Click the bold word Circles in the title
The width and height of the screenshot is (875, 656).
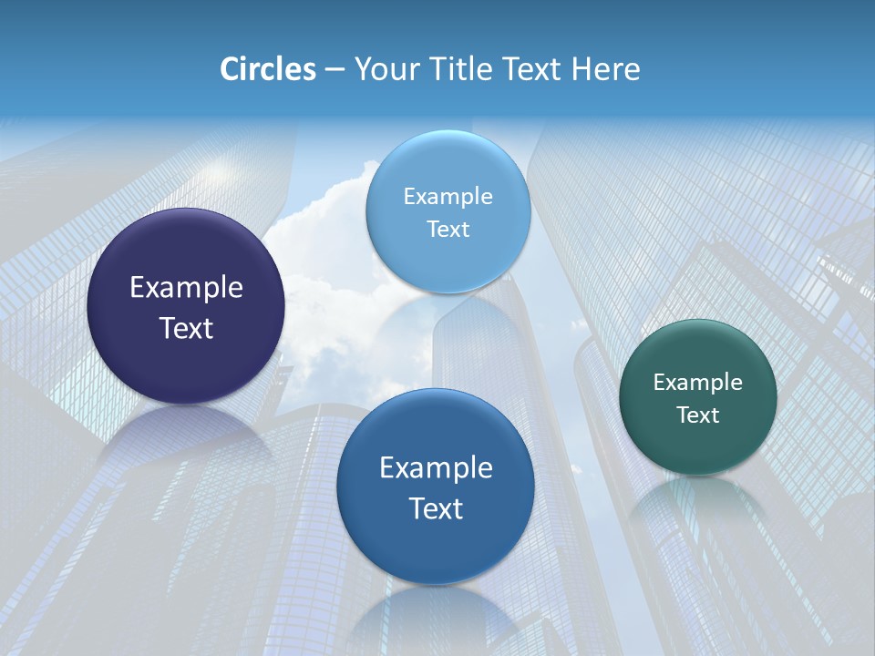(x=268, y=69)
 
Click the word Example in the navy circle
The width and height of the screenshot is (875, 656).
(x=186, y=288)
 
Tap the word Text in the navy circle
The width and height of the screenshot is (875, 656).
(x=186, y=328)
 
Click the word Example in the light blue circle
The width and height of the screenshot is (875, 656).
(x=448, y=197)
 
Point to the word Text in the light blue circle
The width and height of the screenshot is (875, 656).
(x=448, y=229)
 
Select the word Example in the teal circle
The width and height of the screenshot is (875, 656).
(x=698, y=383)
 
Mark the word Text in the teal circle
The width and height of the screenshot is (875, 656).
(x=698, y=415)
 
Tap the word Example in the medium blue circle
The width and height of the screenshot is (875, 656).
(x=436, y=468)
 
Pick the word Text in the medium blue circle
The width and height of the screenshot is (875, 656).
(x=436, y=508)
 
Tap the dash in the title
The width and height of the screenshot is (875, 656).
(x=335, y=70)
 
